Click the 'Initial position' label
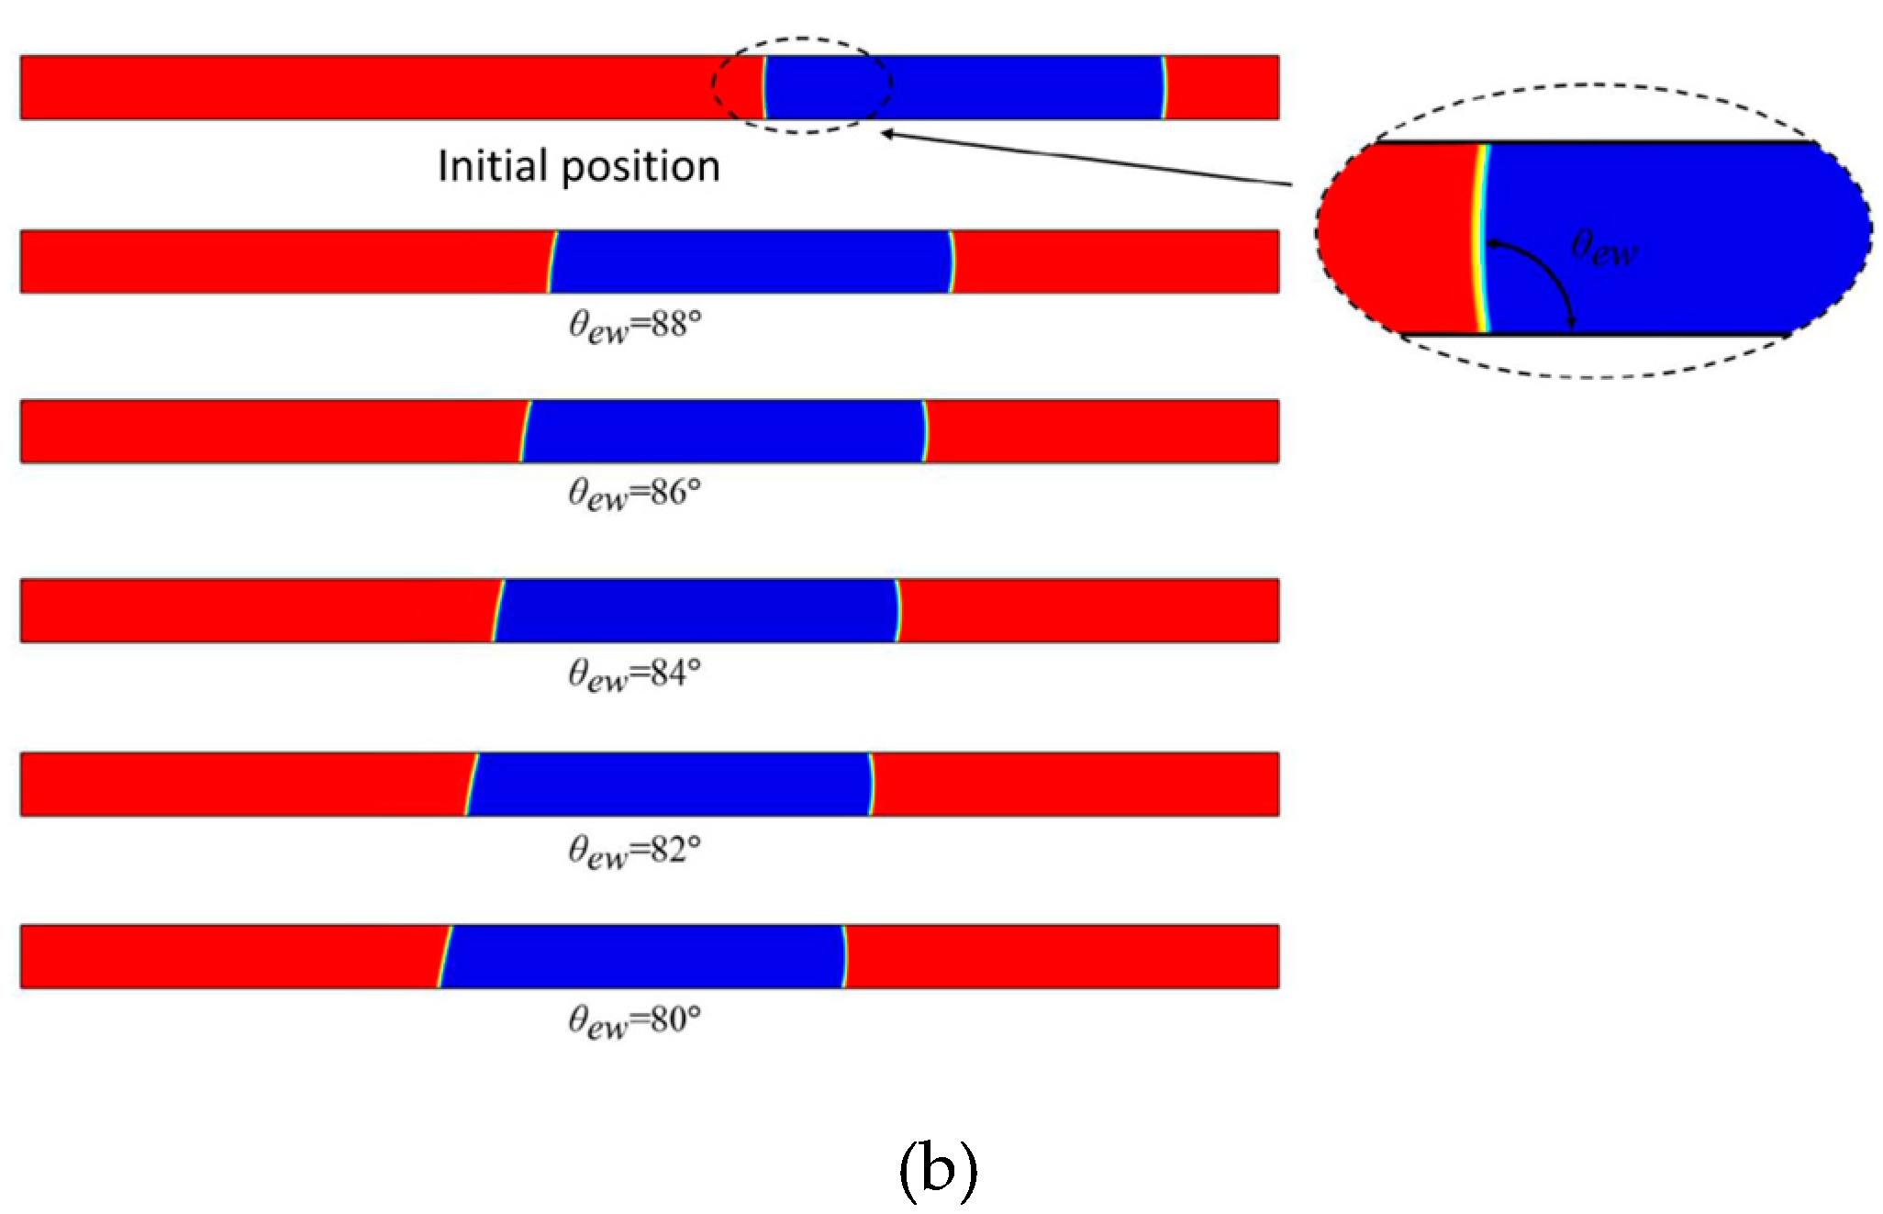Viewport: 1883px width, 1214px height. pos(578,166)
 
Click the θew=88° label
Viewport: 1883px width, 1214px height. pos(634,326)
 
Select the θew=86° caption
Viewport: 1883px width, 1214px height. pos(634,495)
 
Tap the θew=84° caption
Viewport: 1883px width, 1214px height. pos(634,674)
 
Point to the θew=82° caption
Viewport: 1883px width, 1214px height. pos(634,852)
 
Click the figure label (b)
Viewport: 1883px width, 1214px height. pos(937,1170)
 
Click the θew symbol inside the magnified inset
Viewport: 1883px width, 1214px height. pos(1603,248)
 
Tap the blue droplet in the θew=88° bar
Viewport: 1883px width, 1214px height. pos(750,262)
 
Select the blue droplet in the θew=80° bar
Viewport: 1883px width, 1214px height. pos(642,956)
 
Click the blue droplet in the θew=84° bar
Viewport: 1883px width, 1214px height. pos(696,610)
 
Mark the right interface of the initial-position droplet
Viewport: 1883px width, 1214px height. pos(1164,87)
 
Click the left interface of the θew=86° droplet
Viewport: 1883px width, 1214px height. pos(524,431)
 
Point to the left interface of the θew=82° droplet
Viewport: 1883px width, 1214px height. pos(471,785)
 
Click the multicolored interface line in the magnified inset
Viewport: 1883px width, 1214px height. pos(1480,237)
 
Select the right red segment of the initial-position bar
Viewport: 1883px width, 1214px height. pos(1222,87)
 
